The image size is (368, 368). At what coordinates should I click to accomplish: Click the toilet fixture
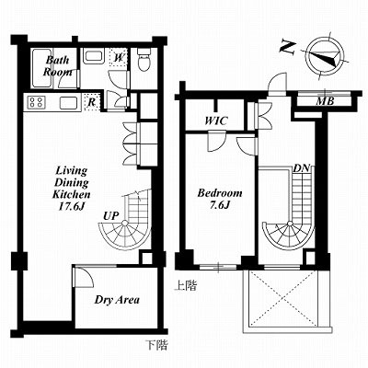click(144, 59)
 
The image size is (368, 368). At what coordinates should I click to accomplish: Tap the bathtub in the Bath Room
click(42, 68)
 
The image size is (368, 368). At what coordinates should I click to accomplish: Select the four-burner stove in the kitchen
click(36, 102)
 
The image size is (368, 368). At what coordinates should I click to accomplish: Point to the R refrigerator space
click(91, 102)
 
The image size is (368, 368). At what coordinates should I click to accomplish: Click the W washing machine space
click(119, 57)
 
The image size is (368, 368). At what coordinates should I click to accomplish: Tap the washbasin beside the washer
click(95, 56)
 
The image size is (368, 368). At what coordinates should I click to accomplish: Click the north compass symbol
click(325, 56)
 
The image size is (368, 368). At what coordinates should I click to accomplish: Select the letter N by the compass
click(288, 48)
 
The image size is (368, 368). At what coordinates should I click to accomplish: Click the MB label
click(325, 101)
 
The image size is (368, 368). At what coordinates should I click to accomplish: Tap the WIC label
click(216, 121)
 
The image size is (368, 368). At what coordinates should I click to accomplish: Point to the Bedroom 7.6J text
click(220, 199)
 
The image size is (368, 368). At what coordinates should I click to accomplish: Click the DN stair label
click(302, 168)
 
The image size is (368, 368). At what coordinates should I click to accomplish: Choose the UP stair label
click(110, 216)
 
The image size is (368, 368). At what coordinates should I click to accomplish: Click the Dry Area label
click(117, 300)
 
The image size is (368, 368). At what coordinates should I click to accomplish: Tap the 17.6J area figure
click(71, 206)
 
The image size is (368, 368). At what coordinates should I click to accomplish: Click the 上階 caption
click(186, 286)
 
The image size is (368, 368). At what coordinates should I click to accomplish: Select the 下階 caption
click(156, 345)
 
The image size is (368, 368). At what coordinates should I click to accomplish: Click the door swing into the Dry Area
click(84, 277)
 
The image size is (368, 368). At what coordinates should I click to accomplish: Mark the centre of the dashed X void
click(284, 299)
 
